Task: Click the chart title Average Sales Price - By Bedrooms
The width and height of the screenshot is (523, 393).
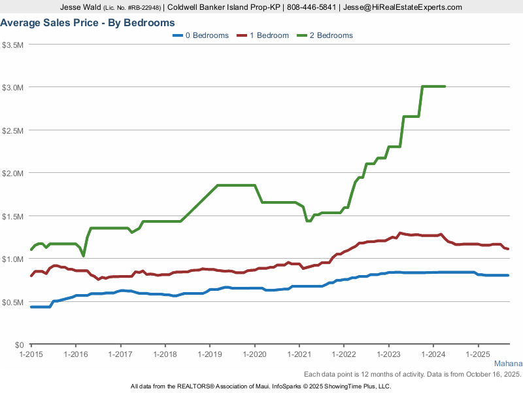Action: [x=88, y=23]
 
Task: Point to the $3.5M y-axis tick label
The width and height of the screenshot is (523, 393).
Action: [x=13, y=45]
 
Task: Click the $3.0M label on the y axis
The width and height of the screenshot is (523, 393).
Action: [x=13, y=87]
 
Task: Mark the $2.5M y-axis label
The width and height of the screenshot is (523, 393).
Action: [x=13, y=130]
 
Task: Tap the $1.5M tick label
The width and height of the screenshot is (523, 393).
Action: [x=13, y=216]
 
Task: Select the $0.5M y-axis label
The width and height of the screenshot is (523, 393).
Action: [x=13, y=302]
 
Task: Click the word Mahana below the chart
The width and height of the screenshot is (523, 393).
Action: [x=507, y=364]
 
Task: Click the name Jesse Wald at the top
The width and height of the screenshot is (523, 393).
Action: [x=81, y=7]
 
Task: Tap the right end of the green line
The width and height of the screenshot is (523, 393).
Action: [x=445, y=86]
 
